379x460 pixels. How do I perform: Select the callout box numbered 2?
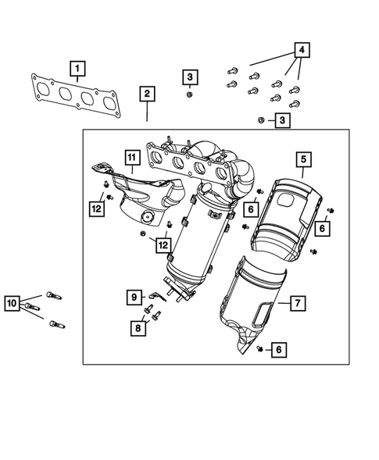pos(147,94)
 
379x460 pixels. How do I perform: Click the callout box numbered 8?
pos(137,327)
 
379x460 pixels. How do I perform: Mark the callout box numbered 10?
pos(12,302)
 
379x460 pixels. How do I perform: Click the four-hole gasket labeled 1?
pos(74,94)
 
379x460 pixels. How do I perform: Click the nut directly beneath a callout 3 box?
pos(190,94)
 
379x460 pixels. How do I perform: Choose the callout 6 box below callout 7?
pos(277,351)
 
